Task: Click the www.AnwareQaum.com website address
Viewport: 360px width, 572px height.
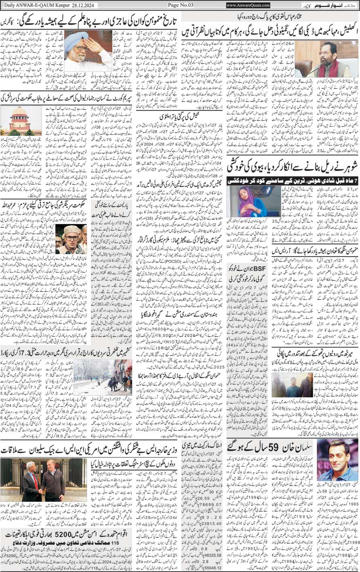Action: [248, 5]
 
